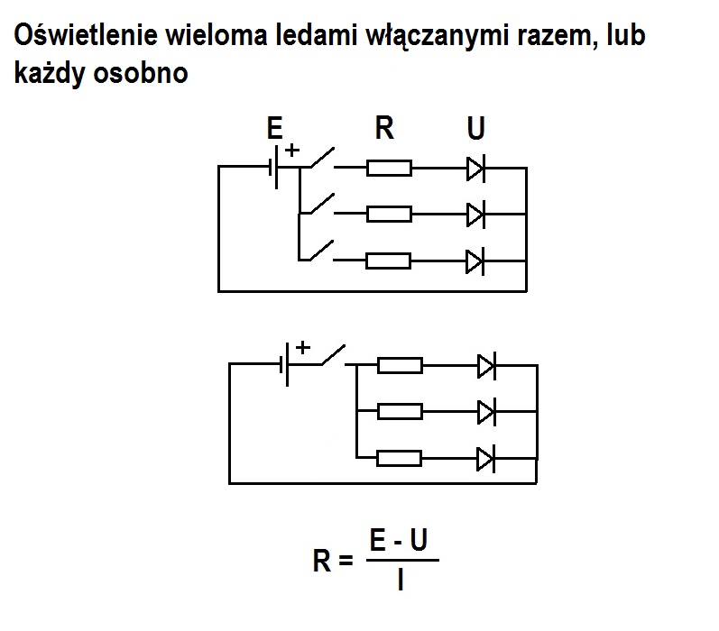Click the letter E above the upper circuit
[x=275, y=129]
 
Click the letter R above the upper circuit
[x=384, y=129]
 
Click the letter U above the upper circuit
[x=475, y=129]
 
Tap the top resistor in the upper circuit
[x=389, y=168]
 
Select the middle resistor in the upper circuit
[x=389, y=214]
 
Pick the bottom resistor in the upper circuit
[x=389, y=261]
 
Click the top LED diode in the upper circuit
[x=475, y=168]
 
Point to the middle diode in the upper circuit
[x=475, y=214]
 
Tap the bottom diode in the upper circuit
[x=475, y=261]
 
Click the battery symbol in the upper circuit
[x=276, y=168]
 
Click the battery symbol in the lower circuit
[x=287, y=364]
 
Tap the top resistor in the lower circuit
[x=400, y=364]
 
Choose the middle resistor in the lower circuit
[x=400, y=411]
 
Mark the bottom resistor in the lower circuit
[x=400, y=458]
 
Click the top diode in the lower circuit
[x=486, y=364]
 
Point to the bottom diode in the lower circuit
[x=486, y=458]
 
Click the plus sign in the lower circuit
[x=303, y=346]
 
